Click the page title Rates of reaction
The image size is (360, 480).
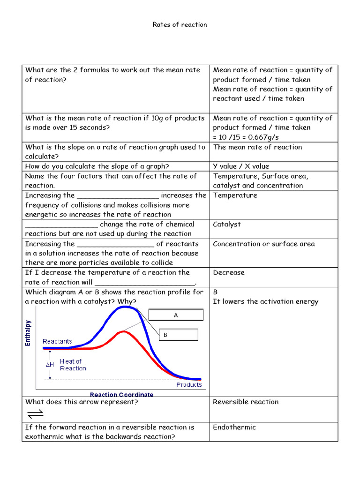click(x=180, y=24)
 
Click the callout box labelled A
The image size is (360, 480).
click(x=176, y=315)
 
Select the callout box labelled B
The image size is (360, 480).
click(x=178, y=335)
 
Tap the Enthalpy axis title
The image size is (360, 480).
click(x=28, y=333)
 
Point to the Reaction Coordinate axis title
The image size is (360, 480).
click(x=121, y=394)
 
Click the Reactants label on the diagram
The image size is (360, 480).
click(x=57, y=341)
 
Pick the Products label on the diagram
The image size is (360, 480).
click(x=189, y=384)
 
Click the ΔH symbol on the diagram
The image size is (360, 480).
click(x=50, y=364)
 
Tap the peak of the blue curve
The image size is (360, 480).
click(x=124, y=307)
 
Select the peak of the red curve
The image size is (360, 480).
click(x=123, y=332)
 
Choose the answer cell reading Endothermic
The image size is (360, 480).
click(x=234, y=427)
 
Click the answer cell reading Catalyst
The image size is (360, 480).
click(x=227, y=224)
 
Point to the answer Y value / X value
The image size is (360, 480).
click(x=241, y=166)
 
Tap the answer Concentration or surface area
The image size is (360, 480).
click(x=263, y=244)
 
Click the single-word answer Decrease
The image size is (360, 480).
click(x=229, y=272)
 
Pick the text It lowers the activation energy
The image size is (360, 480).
click(x=265, y=301)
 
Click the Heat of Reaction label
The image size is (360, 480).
click(x=73, y=365)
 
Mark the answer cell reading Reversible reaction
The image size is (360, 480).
click(x=246, y=402)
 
